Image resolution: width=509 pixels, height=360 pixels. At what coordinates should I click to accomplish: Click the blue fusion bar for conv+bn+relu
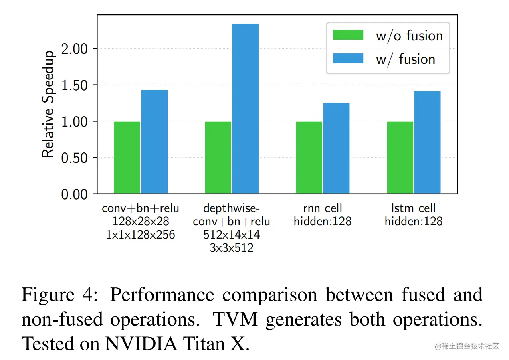tap(154, 142)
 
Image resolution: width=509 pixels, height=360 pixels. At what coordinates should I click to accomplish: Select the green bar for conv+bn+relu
tap(127, 158)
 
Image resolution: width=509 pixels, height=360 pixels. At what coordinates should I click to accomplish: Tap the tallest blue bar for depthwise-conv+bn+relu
tap(245, 109)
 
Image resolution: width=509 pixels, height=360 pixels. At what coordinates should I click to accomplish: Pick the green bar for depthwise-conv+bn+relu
tap(218, 158)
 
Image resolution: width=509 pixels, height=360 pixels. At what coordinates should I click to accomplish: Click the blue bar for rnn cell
tap(336, 148)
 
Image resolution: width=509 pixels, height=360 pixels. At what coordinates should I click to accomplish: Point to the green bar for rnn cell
tap(309, 158)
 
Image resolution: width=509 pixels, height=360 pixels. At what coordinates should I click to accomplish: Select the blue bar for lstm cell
tap(427, 142)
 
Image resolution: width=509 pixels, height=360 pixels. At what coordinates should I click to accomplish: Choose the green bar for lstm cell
tap(400, 158)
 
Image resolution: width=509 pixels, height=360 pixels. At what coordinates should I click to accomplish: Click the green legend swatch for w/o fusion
tap(348, 35)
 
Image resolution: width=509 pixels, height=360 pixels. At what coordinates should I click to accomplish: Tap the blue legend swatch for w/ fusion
tap(348, 59)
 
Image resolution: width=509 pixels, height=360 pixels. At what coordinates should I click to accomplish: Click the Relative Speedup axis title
tap(48, 104)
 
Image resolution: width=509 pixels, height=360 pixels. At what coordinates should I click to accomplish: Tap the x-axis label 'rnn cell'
tap(322, 208)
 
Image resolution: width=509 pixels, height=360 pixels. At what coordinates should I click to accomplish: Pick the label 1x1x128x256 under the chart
tap(140, 235)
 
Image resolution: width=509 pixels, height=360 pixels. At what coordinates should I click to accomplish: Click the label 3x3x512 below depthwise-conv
tap(231, 248)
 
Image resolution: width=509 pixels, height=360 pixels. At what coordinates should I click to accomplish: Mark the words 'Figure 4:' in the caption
tap(63, 295)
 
